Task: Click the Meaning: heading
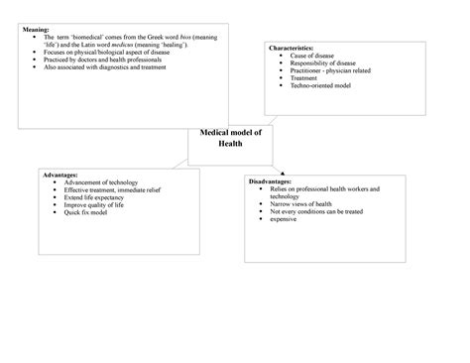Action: click(x=36, y=31)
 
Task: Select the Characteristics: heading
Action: click(x=294, y=48)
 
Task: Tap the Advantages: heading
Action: click(x=64, y=175)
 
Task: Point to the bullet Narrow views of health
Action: click(x=309, y=204)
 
